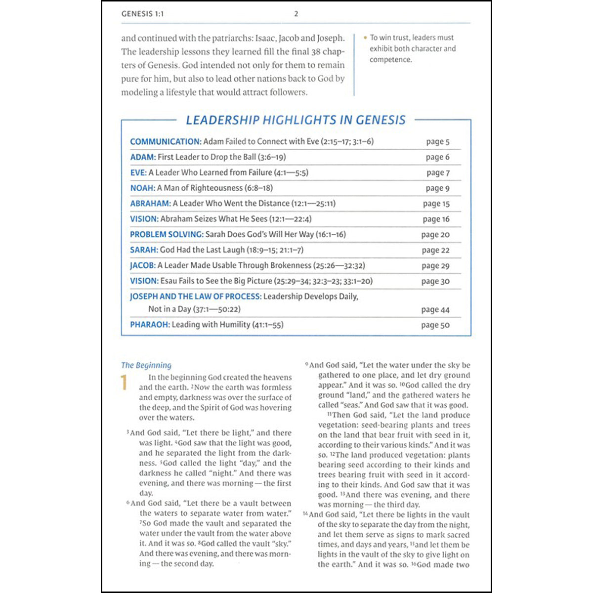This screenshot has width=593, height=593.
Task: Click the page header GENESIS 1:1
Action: [142, 14]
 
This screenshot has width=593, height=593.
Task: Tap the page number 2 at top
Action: [296, 14]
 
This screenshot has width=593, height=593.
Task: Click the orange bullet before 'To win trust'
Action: [365, 38]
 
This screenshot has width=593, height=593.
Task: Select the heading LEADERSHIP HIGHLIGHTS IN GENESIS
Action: [296, 120]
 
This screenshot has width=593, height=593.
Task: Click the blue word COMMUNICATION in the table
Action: [166, 141]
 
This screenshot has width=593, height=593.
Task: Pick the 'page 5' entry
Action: [438, 142]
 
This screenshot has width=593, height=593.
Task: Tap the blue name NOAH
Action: [142, 188]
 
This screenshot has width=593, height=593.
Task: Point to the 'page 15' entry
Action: [436, 204]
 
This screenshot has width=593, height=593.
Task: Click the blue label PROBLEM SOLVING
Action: [167, 234]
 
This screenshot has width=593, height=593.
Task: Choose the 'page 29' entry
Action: [435, 266]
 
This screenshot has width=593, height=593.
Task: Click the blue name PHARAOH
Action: [150, 325]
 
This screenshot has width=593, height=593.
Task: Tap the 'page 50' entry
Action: [435, 325]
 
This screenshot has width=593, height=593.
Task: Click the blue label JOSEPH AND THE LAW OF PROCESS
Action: [195, 296]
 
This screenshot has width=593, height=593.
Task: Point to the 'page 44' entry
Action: [435, 310]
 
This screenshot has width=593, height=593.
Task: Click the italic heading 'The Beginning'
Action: [146, 365]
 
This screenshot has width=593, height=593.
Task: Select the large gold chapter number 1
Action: [124, 383]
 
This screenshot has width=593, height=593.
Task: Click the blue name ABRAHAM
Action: [150, 203]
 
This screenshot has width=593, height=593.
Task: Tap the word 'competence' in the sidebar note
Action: [390, 60]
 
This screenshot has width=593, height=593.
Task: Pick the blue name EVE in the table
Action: [138, 172]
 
